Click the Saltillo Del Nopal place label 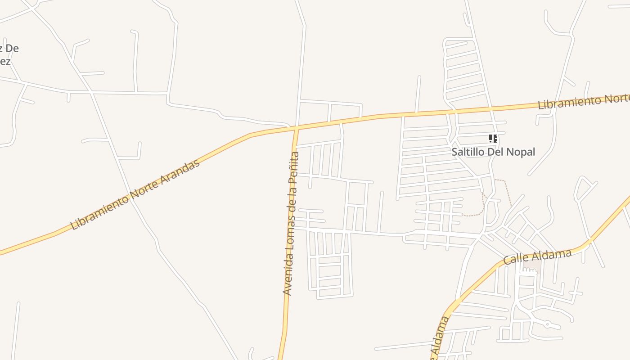coord(493,152)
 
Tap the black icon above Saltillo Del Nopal coord(493,139)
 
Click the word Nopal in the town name coord(521,152)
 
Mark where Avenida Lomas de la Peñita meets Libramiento coord(296,128)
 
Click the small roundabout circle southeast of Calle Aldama coord(547,324)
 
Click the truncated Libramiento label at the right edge coord(583,102)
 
